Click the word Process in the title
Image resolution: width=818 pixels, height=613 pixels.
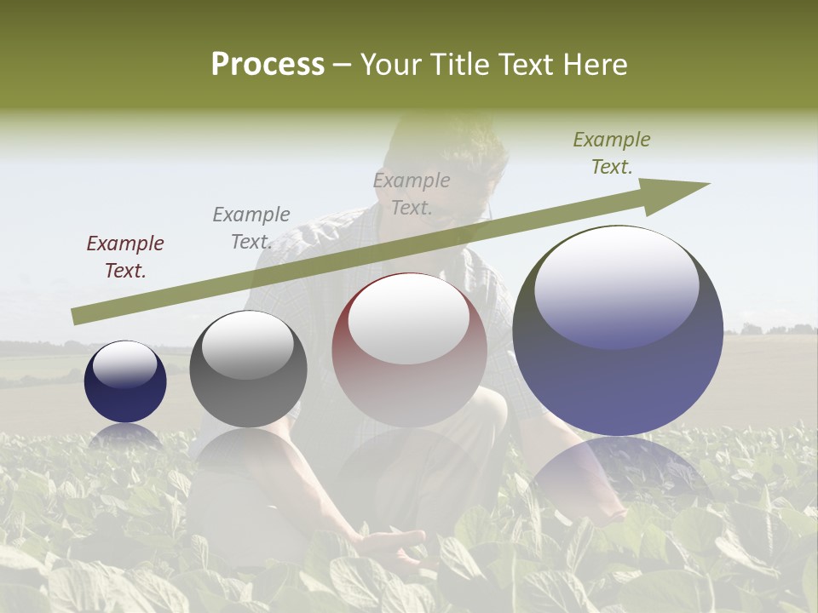coord(268,65)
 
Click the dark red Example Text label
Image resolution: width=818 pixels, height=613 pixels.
coord(125,257)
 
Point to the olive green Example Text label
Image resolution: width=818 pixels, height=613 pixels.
coord(612,153)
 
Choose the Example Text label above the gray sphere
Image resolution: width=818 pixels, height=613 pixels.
coord(251,228)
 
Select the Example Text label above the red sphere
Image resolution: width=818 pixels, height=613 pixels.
coord(412,193)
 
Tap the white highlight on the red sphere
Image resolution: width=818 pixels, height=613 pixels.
coord(409,317)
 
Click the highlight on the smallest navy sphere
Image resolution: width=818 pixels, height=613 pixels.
coord(124,364)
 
